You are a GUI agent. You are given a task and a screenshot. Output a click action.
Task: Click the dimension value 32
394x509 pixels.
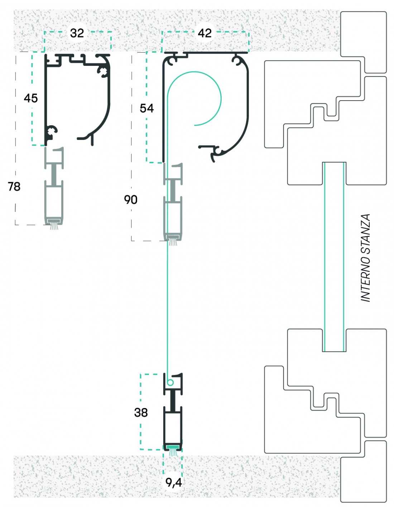click(x=77, y=33)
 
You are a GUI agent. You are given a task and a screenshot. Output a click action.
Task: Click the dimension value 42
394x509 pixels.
click(x=205, y=33)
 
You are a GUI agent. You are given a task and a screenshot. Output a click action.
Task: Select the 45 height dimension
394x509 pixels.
click(x=31, y=98)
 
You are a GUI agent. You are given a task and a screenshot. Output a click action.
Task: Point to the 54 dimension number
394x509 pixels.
click(x=147, y=108)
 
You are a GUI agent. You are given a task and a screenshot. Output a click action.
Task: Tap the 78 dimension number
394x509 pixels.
click(x=14, y=186)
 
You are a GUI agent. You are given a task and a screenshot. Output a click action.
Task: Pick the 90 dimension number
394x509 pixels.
click(x=131, y=199)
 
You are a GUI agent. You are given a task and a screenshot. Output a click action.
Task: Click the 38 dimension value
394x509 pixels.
click(x=141, y=412)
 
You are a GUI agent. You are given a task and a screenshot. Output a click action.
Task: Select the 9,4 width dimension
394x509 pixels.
click(x=173, y=483)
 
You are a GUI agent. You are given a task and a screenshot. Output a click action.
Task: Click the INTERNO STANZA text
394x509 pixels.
click(x=365, y=258)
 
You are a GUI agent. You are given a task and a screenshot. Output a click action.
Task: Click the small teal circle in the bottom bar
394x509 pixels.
click(x=170, y=383)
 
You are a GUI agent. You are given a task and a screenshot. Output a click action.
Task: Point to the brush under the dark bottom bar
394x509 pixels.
click(x=173, y=452)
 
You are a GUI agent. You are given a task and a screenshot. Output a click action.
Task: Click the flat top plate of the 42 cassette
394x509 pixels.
click(x=215, y=53)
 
